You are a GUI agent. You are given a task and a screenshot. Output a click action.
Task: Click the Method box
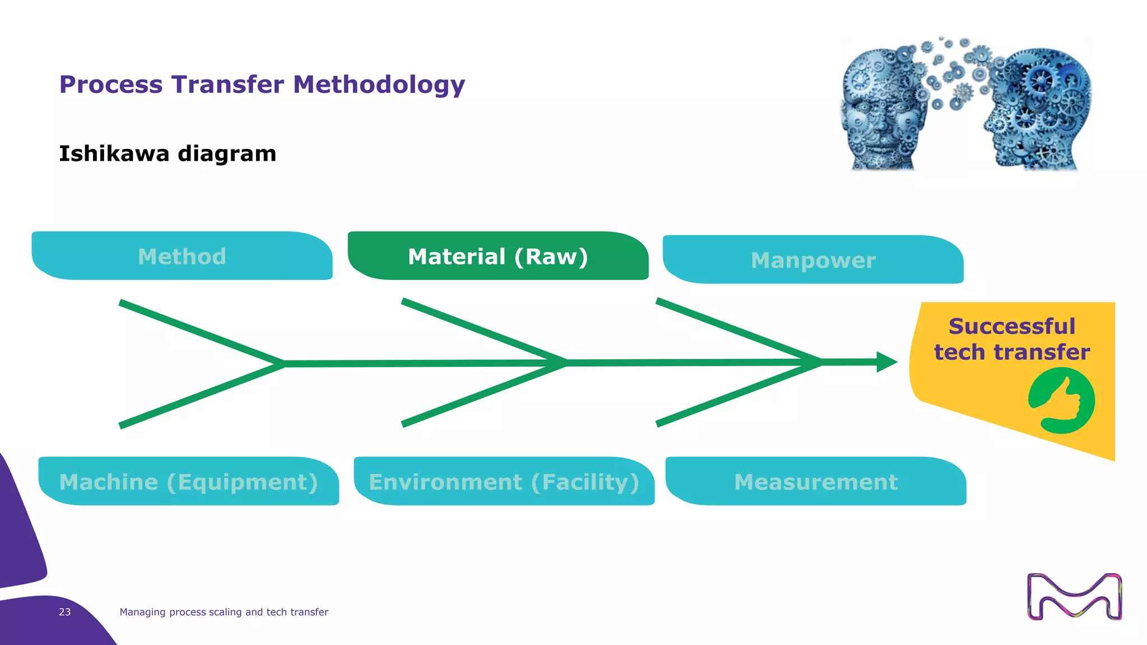(182, 256)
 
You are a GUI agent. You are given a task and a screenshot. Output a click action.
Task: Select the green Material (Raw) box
(498, 256)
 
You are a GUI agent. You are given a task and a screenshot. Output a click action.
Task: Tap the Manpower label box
(813, 260)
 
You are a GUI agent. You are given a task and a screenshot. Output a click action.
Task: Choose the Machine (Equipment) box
(189, 482)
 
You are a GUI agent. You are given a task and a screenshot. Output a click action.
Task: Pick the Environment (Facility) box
(504, 482)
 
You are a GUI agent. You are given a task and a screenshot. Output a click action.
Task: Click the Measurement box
(815, 482)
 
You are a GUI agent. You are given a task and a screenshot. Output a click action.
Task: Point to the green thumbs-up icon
(1061, 401)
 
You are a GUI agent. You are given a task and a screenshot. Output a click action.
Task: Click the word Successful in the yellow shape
(1011, 326)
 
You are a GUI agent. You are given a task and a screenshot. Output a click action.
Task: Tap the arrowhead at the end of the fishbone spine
(887, 362)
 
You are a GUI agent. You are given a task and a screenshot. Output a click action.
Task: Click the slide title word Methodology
(379, 85)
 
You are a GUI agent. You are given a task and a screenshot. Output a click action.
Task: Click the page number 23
(65, 612)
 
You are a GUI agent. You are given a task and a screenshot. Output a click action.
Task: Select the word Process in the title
(112, 85)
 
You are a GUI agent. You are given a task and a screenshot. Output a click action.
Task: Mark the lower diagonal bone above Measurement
(739, 394)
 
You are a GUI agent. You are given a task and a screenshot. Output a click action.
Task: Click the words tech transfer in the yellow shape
(1011, 352)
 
